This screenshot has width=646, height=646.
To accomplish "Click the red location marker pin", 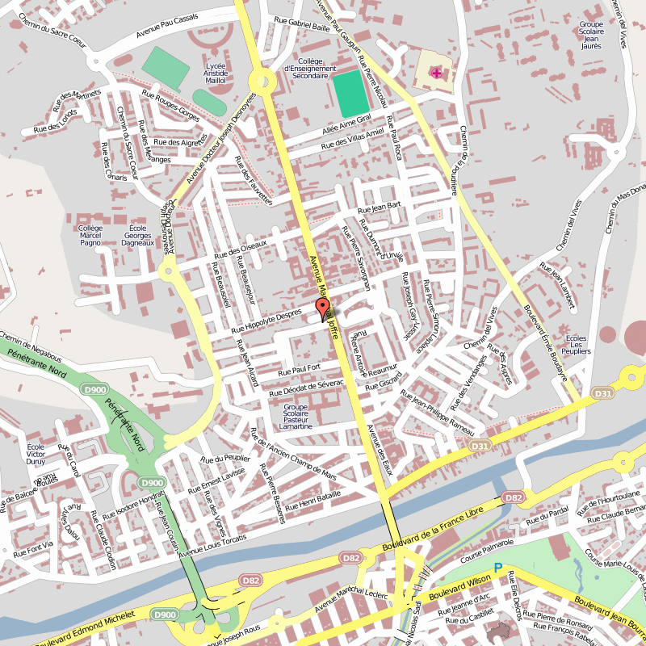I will (323, 308).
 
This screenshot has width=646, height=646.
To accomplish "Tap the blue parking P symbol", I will (498, 568).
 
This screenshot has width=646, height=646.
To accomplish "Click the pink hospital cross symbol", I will (437, 73).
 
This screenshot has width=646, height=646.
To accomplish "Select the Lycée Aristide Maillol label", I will (216, 73).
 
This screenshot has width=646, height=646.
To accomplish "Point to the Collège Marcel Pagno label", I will (90, 235).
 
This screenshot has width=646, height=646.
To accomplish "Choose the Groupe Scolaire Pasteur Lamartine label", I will (296, 417).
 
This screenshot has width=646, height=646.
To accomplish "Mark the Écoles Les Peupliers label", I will (576, 345).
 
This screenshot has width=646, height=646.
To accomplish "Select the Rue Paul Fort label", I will (300, 370).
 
